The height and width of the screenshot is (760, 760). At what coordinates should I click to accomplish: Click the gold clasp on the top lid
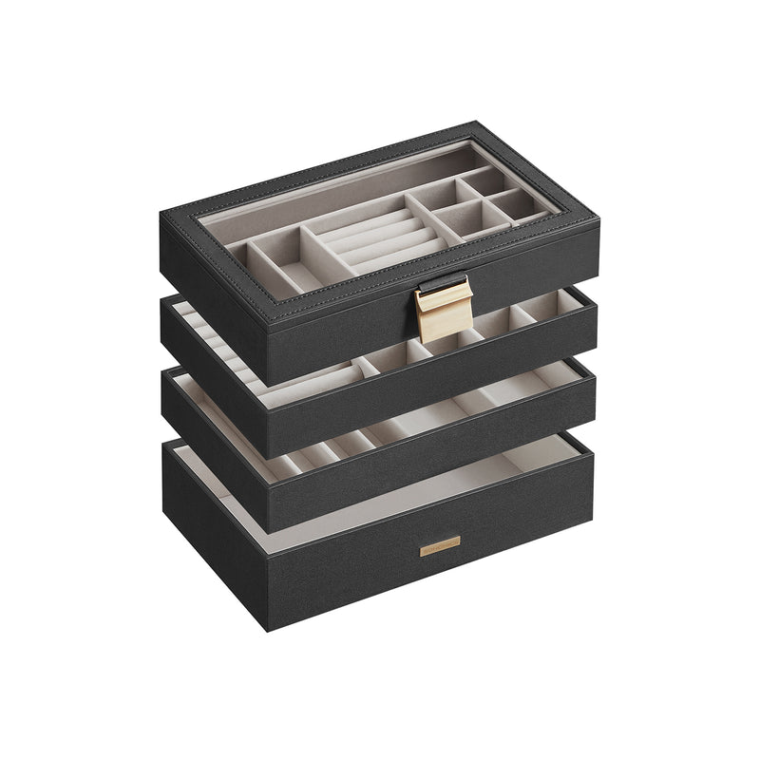click(x=439, y=311)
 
